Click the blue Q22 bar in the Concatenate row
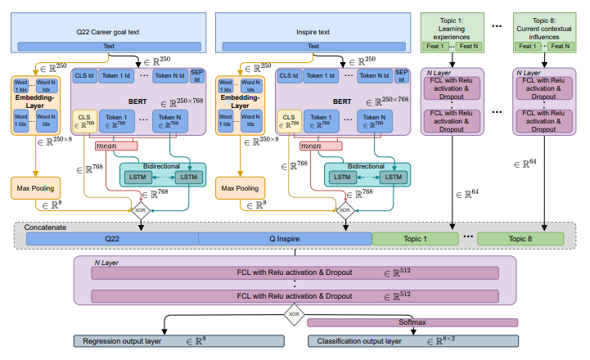(x=112, y=239)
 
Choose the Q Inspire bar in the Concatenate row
(x=286, y=239)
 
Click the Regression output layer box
(x=178, y=340)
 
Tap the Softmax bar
(x=412, y=322)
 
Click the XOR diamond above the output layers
(x=294, y=312)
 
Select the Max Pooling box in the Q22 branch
(x=36, y=189)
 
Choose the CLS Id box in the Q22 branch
(x=85, y=75)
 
